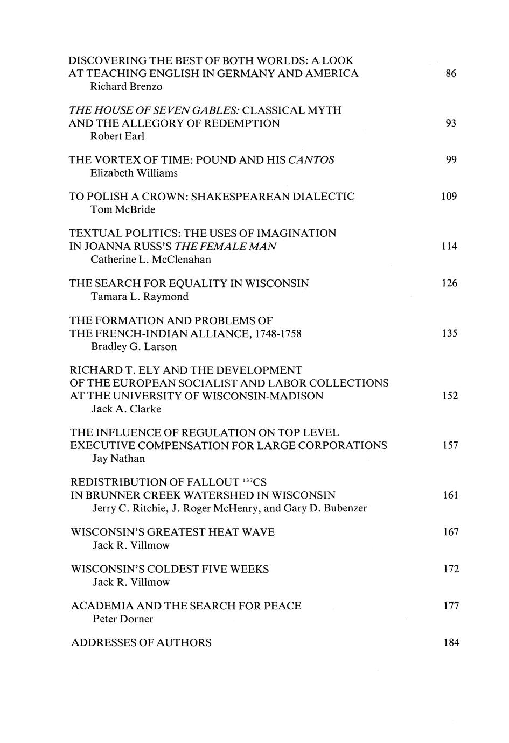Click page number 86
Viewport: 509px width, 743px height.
451,74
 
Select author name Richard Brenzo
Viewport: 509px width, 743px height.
126,87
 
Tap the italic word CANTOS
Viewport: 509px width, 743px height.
311,160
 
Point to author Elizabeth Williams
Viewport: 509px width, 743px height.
134,173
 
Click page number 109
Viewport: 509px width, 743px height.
449,197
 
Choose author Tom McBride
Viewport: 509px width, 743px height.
123,210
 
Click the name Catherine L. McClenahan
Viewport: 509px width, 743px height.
151,260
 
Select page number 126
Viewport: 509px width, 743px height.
449,283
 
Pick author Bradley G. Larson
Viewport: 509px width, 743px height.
134,347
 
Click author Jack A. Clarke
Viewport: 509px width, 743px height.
127,409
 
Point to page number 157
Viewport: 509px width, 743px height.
450,446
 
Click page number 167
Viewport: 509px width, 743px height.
451,532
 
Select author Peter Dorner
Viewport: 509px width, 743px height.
123,619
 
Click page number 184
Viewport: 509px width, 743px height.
451,643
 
